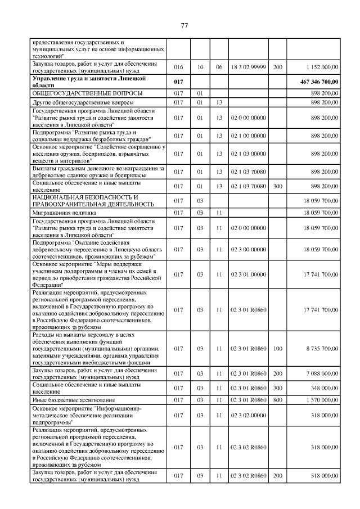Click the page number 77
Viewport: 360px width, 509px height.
(x=183, y=25)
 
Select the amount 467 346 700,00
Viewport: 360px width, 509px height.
(x=318, y=82)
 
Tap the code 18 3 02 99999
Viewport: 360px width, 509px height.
(x=248, y=67)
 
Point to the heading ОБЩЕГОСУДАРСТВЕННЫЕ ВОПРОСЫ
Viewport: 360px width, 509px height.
(x=87, y=93)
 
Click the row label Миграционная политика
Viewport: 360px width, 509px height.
(x=64, y=213)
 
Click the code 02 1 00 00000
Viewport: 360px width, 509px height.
(x=248, y=136)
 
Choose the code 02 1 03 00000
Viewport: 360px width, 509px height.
(x=248, y=153)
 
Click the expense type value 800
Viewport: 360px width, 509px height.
(x=277, y=399)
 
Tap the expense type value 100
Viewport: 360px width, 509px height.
(x=277, y=349)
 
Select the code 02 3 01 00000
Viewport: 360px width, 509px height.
(x=248, y=274)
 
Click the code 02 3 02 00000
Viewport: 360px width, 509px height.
(x=248, y=414)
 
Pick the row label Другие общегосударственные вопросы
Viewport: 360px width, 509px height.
(x=83, y=103)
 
